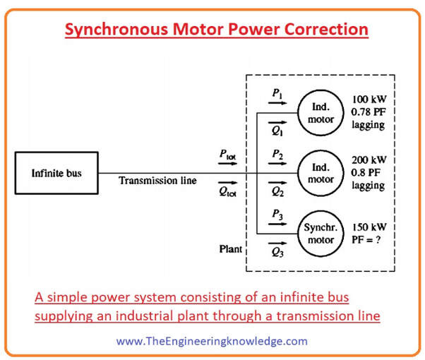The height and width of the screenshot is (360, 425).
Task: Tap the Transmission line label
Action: (157, 181)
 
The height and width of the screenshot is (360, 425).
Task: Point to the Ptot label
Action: (226, 154)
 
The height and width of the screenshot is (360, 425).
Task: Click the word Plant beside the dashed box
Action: (229, 249)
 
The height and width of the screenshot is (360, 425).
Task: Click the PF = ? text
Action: (366, 239)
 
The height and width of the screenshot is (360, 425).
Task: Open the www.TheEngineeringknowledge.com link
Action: (212, 341)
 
